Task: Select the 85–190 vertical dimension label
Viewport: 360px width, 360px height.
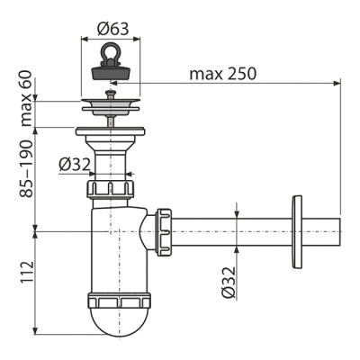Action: coord(27,168)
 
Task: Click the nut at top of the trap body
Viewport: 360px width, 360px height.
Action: coord(109,189)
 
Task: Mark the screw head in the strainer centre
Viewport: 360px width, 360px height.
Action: coord(110,92)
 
